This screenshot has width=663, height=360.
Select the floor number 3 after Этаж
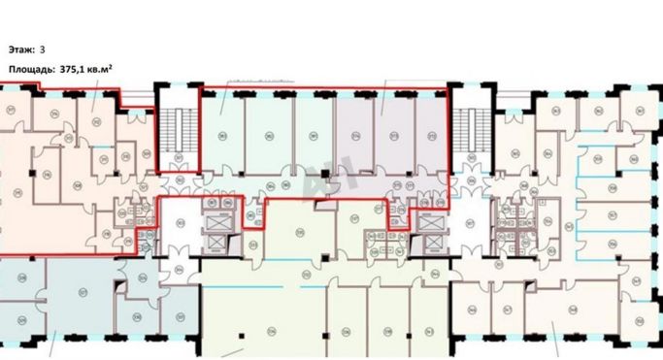43,48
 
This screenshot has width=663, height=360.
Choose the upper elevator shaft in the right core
429,220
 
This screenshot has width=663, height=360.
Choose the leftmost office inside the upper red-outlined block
220,136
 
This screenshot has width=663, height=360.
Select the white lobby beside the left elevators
179,229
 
